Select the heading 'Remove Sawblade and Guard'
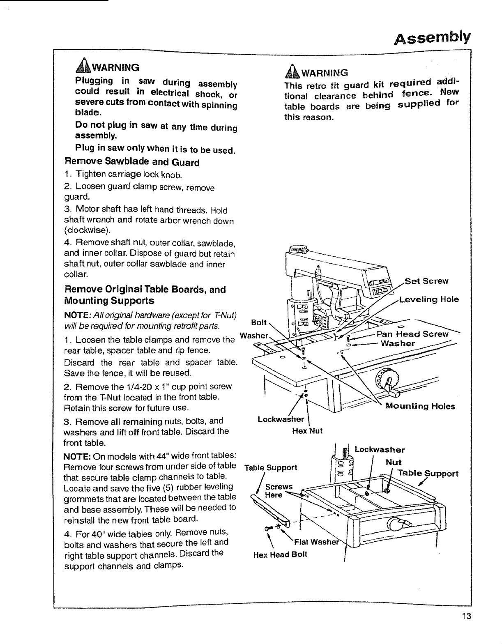point(132,162)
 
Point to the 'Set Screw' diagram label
point(426,281)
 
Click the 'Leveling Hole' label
point(429,299)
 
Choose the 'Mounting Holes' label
point(420,407)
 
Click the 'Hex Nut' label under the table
point(307,431)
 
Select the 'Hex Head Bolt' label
point(280,555)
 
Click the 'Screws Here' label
point(279,491)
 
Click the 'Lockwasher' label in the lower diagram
point(380,450)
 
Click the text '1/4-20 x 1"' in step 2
point(140,387)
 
